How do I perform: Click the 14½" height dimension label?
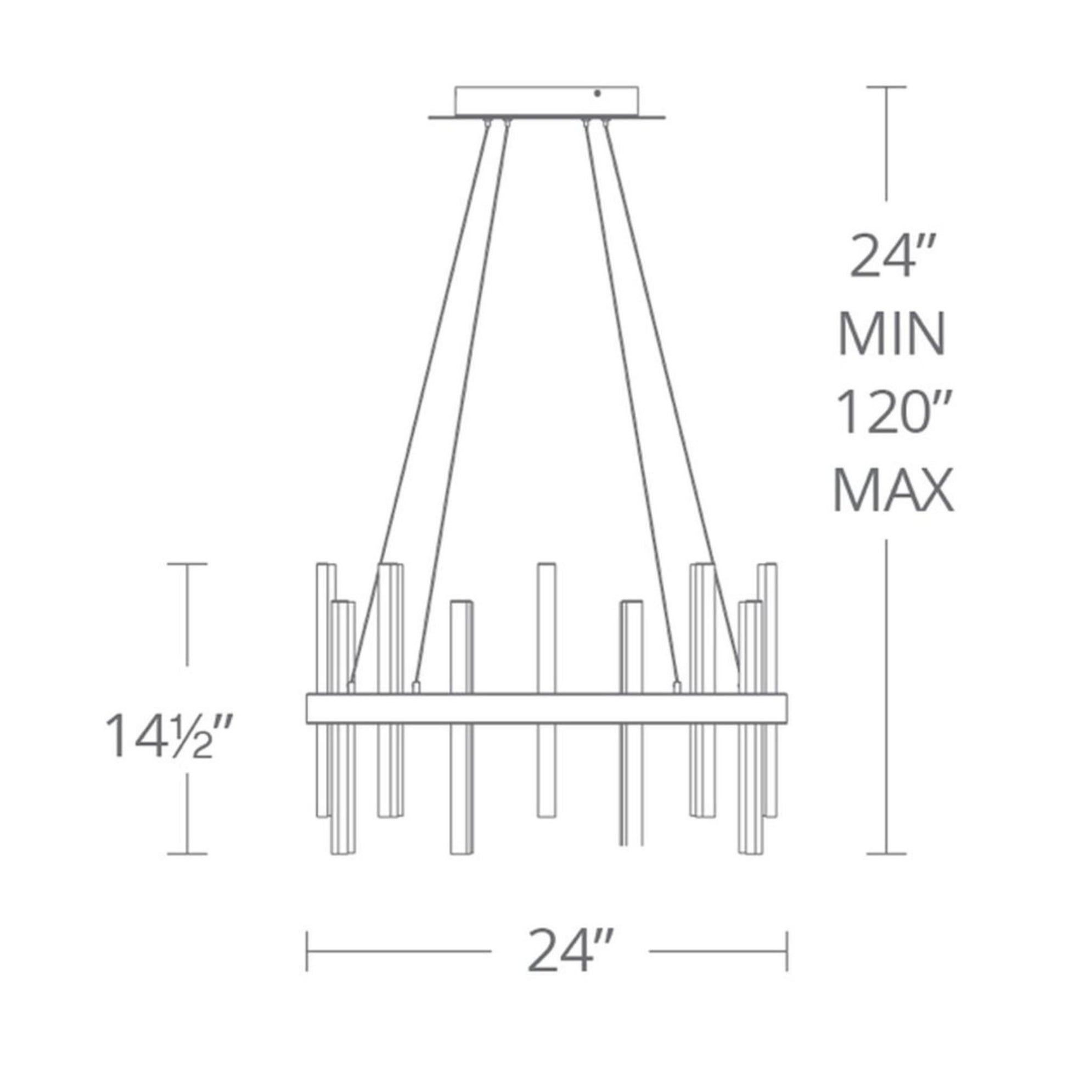(167, 736)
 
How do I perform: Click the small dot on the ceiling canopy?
(597, 94)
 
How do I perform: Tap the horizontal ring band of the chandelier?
(547, 707)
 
